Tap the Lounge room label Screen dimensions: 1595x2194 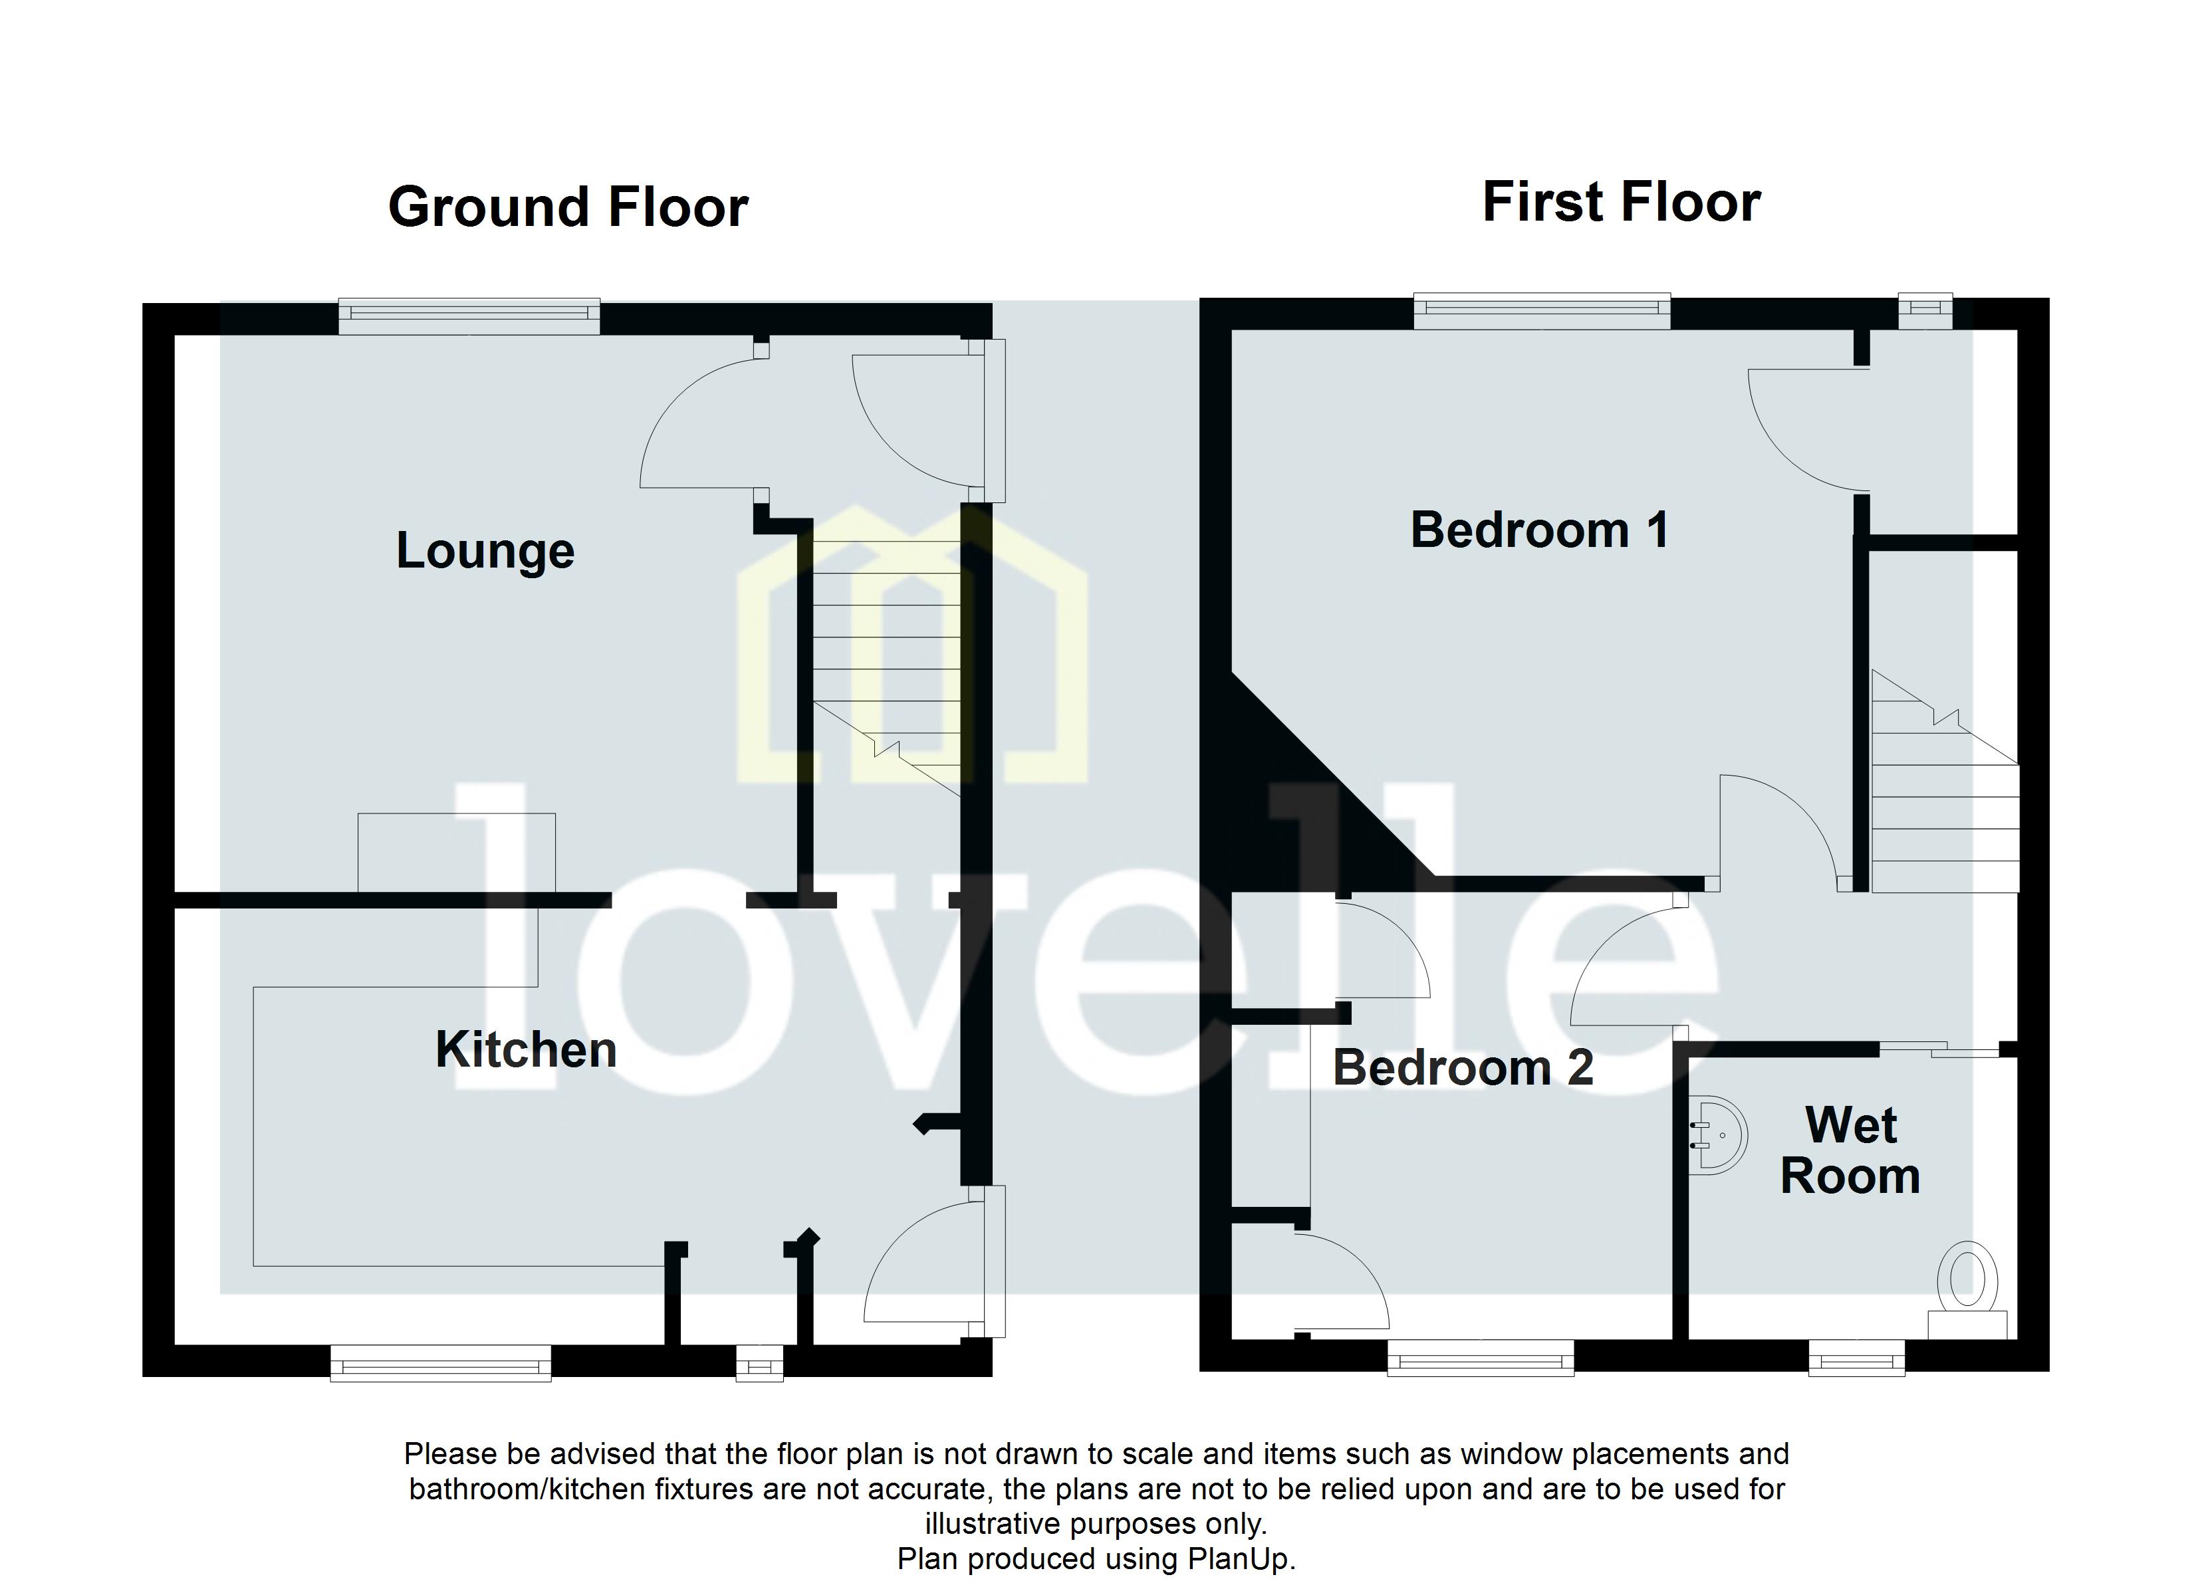485,552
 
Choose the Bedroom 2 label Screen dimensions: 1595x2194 1463,1068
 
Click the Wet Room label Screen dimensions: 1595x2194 1850,1151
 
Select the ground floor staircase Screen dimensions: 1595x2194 885,667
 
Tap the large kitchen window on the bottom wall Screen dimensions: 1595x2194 440,1362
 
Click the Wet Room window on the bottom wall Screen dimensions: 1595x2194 1856,1357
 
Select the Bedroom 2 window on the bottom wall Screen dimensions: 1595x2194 1480,1357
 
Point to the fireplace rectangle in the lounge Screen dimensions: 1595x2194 457,851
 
